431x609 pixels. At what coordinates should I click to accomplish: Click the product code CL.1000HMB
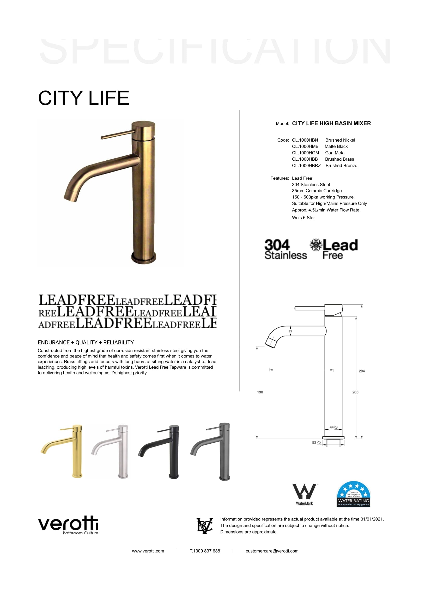point(305,146)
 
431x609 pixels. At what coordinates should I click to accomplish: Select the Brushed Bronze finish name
point(341,166)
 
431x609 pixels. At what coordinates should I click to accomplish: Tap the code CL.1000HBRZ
point(306,166)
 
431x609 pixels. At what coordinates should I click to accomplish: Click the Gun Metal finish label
point(335,153)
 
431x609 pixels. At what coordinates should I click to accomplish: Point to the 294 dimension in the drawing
point(362,371)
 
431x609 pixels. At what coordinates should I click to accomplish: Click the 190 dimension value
point(260,392)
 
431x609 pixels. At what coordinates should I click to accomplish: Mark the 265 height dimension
point(355,392)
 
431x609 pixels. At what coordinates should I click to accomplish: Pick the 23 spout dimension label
point(290,331)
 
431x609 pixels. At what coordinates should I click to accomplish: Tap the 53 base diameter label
point(314,442)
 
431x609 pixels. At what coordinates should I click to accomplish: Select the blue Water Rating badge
point(354,494)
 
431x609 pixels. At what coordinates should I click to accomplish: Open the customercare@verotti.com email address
point(272,551)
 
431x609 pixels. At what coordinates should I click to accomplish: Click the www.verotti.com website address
point(148,551)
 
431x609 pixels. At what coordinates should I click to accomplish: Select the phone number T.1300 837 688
point(205,551)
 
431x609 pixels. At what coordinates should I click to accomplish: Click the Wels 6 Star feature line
point(303,218)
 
